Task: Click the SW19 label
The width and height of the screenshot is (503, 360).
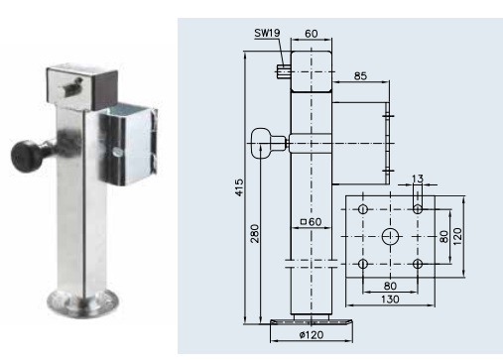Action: (x=267, y=33)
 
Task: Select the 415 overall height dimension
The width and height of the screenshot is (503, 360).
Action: (x=239, y=187)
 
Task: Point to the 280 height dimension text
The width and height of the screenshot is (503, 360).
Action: (x=255, y=233)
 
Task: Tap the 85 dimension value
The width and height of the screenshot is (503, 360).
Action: (x=360, y=76)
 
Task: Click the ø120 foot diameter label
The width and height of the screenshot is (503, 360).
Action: (x=312, y=335)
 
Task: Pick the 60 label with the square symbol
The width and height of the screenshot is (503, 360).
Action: (x=311, y=221)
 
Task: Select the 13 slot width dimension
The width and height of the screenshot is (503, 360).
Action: (x=418, y=179)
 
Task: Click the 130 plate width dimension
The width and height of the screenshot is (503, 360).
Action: (x=390, y=300)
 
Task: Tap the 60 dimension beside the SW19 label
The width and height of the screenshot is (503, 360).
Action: (x=312, y=34)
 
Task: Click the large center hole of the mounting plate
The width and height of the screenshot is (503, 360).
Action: (x=390, y=237)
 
